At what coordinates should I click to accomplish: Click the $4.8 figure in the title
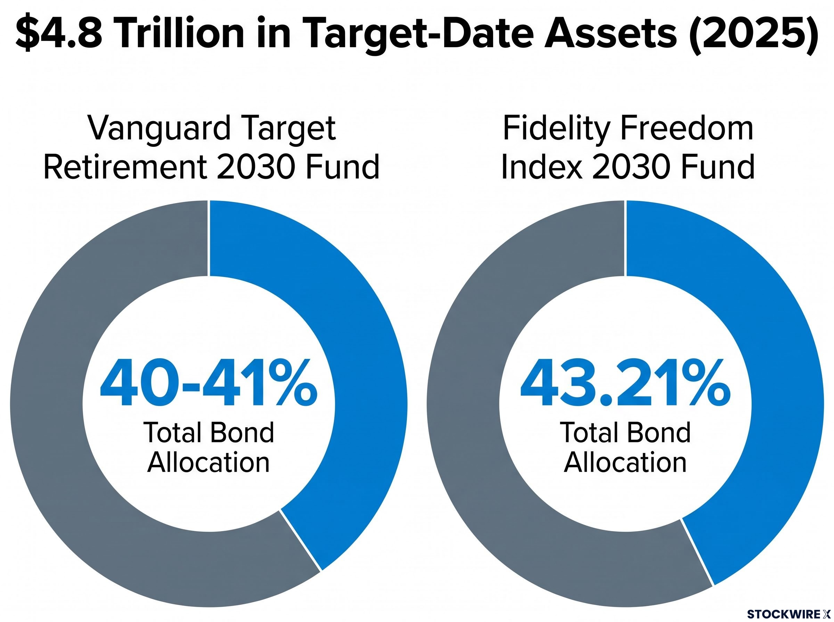[59, 33]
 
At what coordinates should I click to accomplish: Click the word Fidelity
[556, 128]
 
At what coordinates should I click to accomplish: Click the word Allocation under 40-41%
[208, 463]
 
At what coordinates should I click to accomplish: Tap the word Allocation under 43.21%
[625, 463]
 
